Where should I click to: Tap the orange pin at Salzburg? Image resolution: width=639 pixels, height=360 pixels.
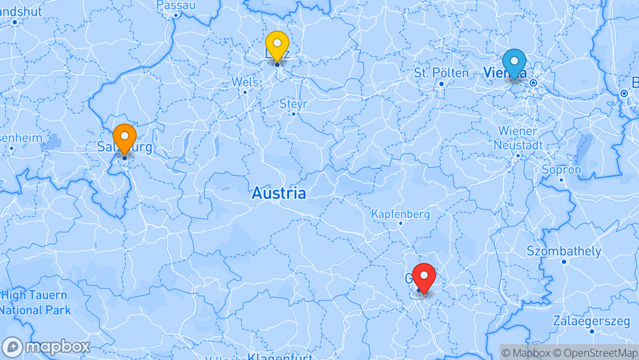pos(125,137)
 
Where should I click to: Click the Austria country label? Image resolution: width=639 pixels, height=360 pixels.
pos(278,193)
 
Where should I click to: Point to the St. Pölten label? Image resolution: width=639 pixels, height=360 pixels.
pos(441,73)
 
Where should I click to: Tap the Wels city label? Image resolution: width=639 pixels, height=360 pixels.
pos(245,82)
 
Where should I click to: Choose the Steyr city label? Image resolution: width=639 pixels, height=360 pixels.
pos(293,104)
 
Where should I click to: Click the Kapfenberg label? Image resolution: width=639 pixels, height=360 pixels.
pos(400,214)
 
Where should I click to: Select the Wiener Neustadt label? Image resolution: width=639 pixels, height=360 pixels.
pos(518,138)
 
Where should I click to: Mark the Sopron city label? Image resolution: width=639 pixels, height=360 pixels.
pos(561,170)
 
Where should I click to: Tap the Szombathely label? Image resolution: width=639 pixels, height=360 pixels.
pos(564,251)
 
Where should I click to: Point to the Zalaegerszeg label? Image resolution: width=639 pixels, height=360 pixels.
pos(591,321)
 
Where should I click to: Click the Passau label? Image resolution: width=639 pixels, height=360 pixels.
pos(176,5)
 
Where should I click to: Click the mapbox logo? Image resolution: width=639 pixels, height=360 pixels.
pos(46,347)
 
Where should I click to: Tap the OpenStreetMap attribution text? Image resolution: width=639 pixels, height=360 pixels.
pos(600,353)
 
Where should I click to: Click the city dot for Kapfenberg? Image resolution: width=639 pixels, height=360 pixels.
pos(400,223)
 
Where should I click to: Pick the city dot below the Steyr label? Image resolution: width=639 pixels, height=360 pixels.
pos(293,113)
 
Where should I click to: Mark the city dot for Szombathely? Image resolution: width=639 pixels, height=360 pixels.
pos(564,262)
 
